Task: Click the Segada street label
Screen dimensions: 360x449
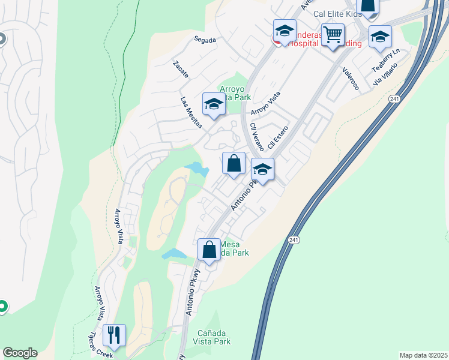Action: (205, 40)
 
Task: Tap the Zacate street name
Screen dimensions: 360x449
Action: (181, 70)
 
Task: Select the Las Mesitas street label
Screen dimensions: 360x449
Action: (192, 108)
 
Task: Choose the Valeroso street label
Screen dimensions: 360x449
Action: (351, 79)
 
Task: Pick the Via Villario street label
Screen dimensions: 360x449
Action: (385, 73)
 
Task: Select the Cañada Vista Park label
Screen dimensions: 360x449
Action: (212, 337)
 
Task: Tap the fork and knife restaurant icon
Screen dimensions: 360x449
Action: (114, 334)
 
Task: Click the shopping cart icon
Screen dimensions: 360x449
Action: (333, 34)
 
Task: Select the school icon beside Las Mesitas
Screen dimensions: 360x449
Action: (213, 104)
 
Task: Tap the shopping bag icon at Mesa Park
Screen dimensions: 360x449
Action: (209, 249)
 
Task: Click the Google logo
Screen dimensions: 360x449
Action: (20, 353)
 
